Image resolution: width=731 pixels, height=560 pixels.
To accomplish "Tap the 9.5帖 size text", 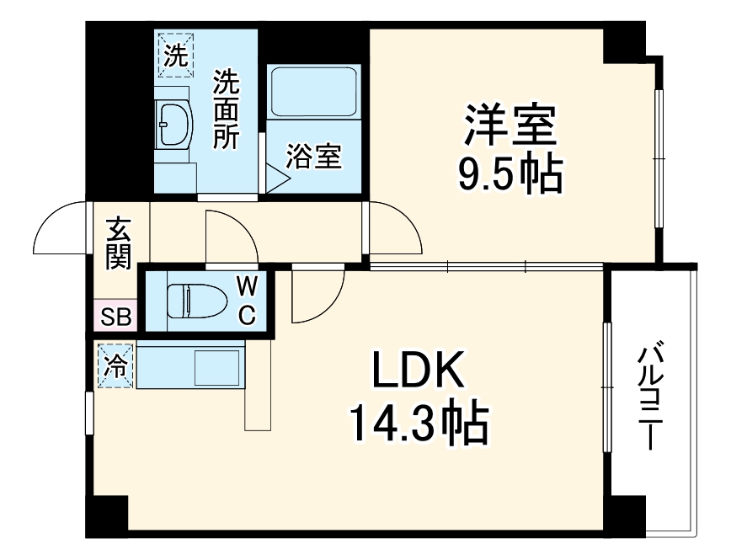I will [x=509, y=175].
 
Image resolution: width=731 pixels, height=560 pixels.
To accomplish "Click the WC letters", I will [x=246, y=301].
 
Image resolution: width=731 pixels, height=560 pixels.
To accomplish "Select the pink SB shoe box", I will [x=115, y=317].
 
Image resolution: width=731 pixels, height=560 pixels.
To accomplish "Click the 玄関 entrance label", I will [x=119, y=243].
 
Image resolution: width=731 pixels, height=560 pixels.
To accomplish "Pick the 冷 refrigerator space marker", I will [x=115, y=366].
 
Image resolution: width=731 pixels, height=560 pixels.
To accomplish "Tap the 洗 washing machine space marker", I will [x=175, y=55].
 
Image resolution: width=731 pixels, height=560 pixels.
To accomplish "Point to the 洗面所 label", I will [x=225, y=109].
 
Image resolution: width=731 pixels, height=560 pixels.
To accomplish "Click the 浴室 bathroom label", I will [x=313, y=157].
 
